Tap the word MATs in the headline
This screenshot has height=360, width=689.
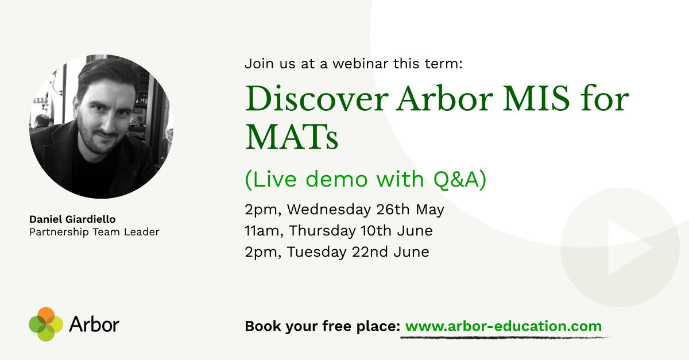292,137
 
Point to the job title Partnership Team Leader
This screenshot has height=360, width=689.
94,232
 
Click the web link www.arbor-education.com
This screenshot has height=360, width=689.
504,326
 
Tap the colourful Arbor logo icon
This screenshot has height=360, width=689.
45,324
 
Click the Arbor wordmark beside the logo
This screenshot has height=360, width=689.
94,324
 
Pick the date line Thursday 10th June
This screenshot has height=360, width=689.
361,231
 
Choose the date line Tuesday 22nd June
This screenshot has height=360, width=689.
358,251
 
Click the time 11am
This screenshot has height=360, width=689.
264,231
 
